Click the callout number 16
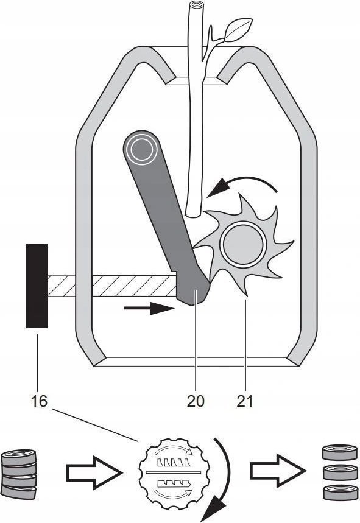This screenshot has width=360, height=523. click(39, 401)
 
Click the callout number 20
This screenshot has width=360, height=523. click(196, 401)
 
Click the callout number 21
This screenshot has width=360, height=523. click(245, 401)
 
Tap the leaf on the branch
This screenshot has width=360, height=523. click(238, 29)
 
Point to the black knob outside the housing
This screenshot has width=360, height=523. click(37, 286)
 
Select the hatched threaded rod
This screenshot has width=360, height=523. click(111, 286)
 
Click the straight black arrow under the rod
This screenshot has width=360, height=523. click(149, 308)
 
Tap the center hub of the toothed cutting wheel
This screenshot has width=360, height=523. click(244, 243)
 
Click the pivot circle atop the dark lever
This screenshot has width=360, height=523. click(141, 150)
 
